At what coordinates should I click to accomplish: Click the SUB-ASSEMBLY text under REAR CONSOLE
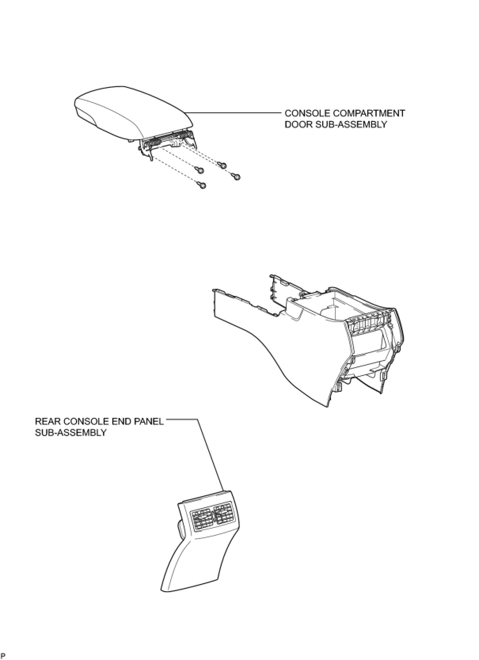click(70, 432)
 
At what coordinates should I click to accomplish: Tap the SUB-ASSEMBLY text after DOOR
click(350, 124)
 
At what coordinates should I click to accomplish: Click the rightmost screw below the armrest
click(237, 176)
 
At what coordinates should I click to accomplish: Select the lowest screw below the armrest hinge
click(202, 185)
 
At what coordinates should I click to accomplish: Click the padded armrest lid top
click(131, 107)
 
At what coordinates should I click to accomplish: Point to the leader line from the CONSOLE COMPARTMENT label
click(234, 113)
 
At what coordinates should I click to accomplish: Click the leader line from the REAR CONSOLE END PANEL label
click(210, 455)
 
